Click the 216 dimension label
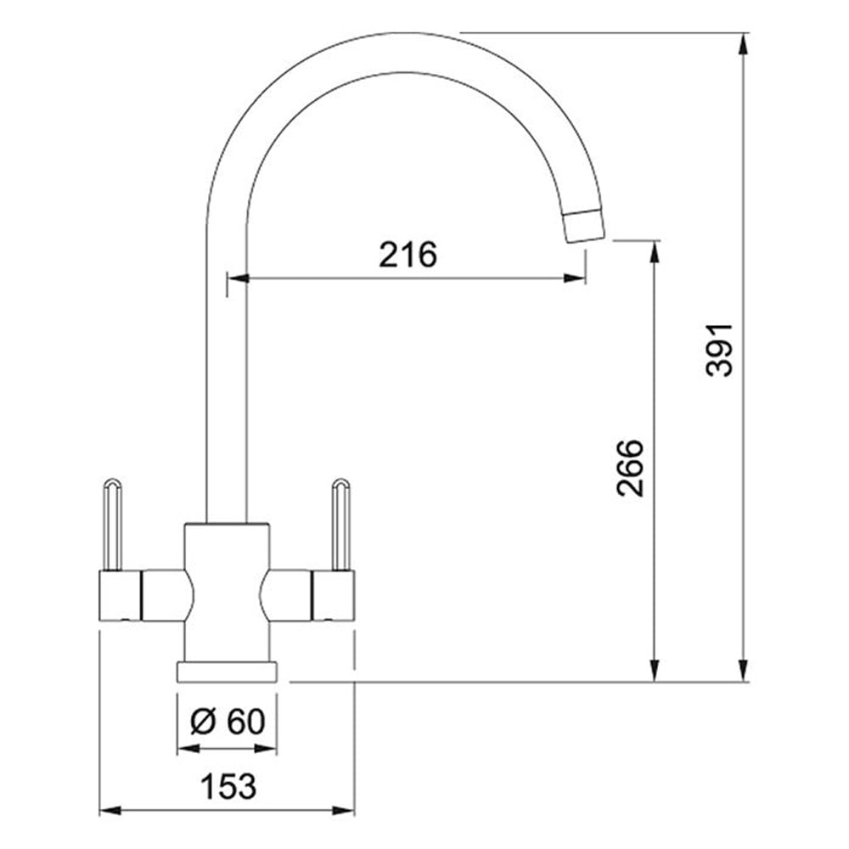coord(408,255)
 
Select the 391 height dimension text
coord(720,350)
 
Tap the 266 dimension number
coord(630,468)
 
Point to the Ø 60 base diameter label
coord(228,721)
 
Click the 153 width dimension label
coord(228,785)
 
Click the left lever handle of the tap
coord(111,524)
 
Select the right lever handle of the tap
coord(341,524)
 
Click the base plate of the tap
coord(227,671)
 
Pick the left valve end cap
coord(121,595)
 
